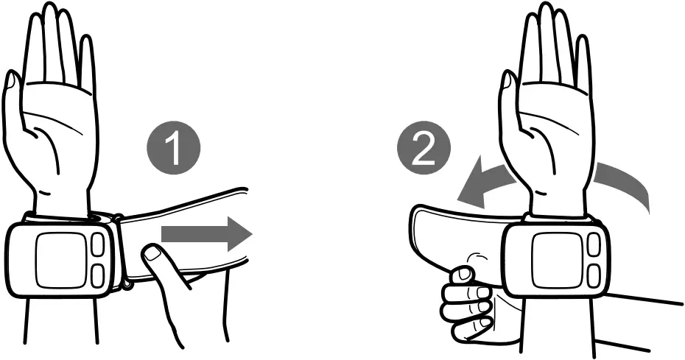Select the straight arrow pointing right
(x=206, y=235)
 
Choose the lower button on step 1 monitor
(x=98, y=275)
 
